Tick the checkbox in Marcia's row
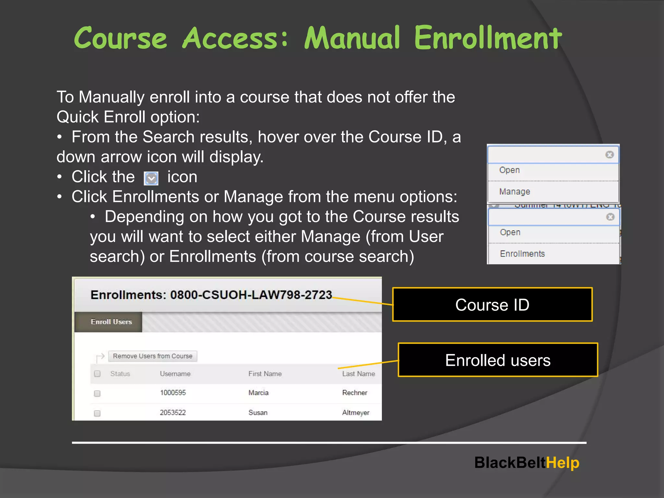pyautogui.click(x=97, y=394)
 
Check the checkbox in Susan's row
pyautogui.click(x=97, y=413)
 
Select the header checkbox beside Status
pyautogui.click(x=97, y=374)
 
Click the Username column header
pyautogui.click(x=175, y=374)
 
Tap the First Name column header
pyautogui.click(x=265, y=374)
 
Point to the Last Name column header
pyautogui.click(x=358, y=374)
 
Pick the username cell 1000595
pyautogui.click(x=173, y=393)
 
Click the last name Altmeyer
pyautogui.click(x=356, y=413)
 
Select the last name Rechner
pyautogui.click(x=355, y=393)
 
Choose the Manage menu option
pyautogui.click(x=515, y=192)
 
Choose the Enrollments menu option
pyautogui.click(x=522, y=254)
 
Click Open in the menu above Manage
pyautogui.click(x=509, y=170)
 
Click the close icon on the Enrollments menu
pyautogui.click(x=610, y=217)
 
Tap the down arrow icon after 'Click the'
pyautogui.click(x=151, y=178)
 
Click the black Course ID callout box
pyautogui.click(x=492, y=305)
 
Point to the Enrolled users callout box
pyautogui.click(x=498, y=360)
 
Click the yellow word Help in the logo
pyautogui.click(x=563, y=463)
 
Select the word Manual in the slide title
pyautogui.click(x=352, y=38)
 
